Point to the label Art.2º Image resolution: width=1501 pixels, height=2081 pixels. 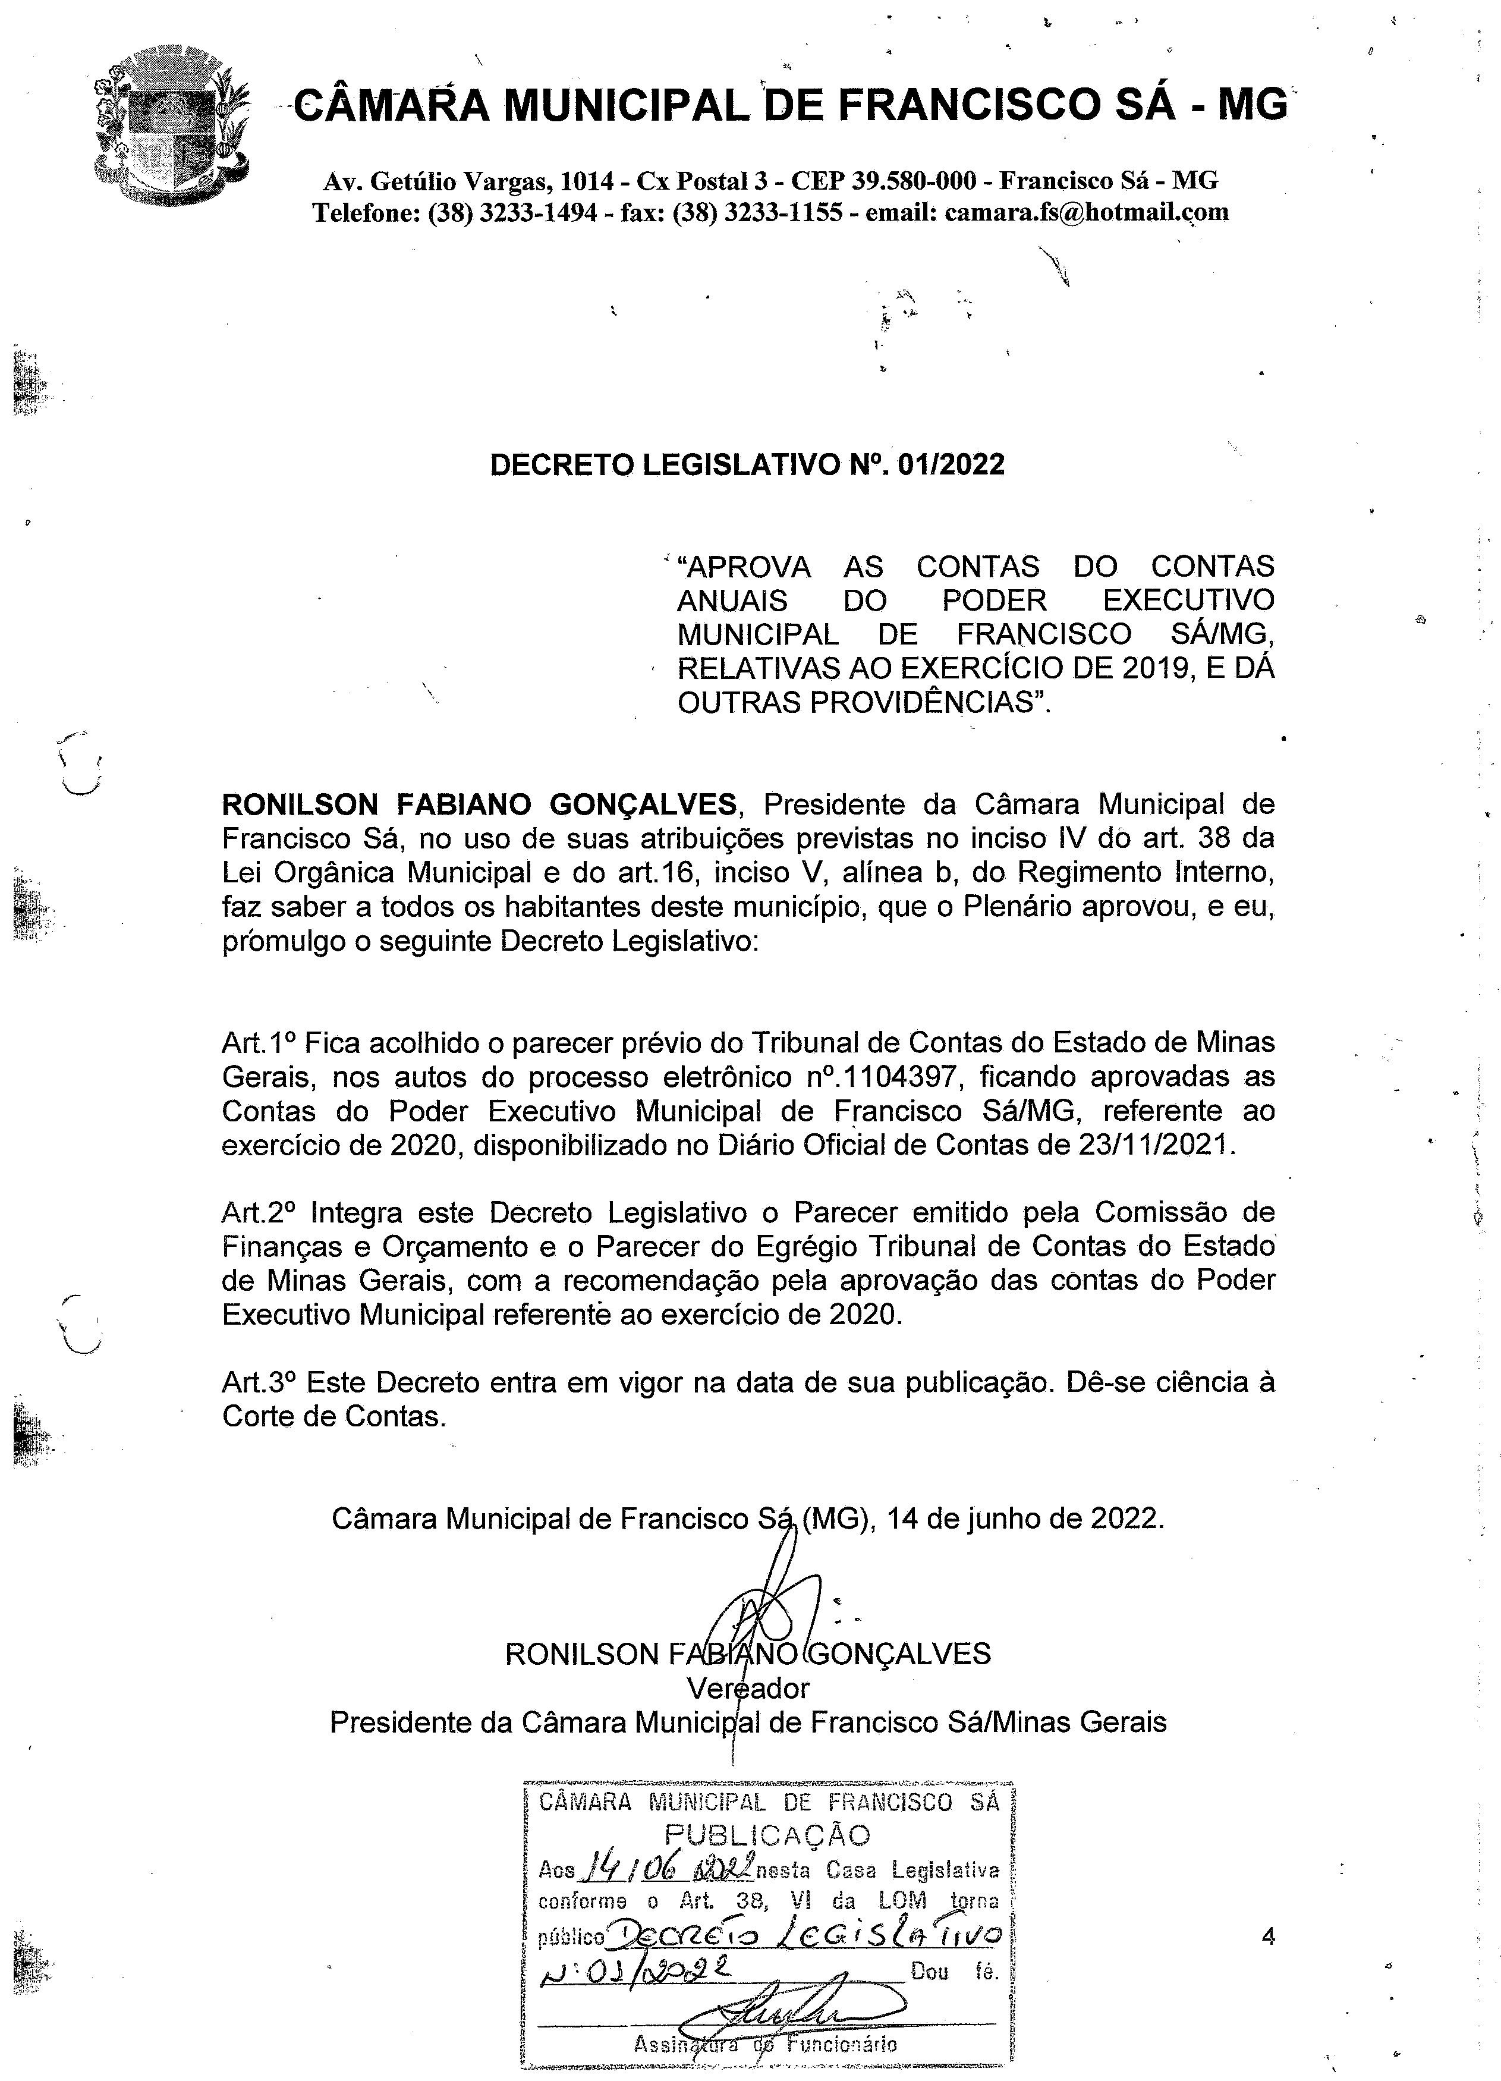pos(260,1213)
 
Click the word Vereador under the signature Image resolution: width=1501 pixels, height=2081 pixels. pos(748,1689)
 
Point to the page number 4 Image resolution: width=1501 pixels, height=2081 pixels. pos(1269,1937)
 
